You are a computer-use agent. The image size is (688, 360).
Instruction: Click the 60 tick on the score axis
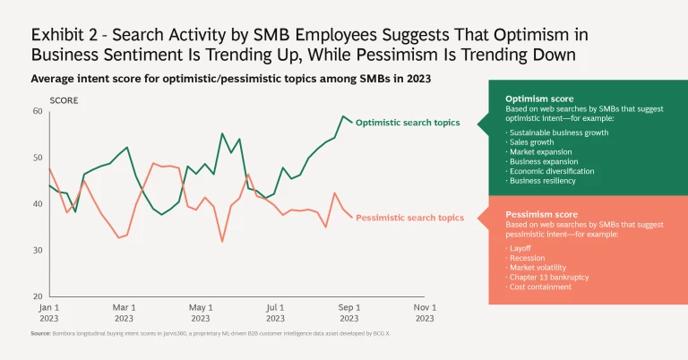click(37, 111)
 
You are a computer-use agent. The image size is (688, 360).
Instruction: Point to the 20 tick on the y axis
click(37, 296)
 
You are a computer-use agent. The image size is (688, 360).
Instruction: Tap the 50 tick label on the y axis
click(37, 158)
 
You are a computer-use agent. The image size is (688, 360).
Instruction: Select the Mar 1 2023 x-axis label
click(125, 313)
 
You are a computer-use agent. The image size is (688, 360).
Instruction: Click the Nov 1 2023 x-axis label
click(424, 313)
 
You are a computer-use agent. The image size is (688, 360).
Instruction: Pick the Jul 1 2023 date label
click(276, 313)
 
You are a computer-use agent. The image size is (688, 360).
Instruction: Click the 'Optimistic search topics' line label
click(409, 122)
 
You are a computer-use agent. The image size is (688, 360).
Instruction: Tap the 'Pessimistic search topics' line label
click(410, 218)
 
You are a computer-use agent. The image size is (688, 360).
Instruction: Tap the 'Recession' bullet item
click(528, 257)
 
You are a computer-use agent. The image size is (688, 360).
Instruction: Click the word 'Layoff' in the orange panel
click(522, 247)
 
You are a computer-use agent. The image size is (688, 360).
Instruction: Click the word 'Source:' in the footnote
click(41, 333)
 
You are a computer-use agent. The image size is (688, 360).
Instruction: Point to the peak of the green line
click(342, 116)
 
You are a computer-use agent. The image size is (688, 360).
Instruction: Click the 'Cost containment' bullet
click(541, 287)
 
